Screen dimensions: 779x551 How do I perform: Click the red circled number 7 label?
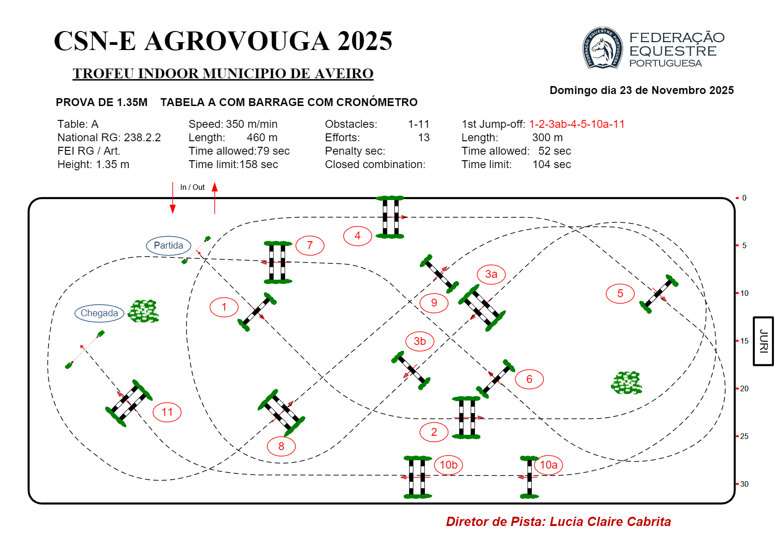click(x=310, y=245)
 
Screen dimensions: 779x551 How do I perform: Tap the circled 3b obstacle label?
click(x=420, y=341)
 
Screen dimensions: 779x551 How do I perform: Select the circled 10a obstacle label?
click(x=548, y=465)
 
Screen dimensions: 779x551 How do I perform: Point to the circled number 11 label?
click(x=167, y=412)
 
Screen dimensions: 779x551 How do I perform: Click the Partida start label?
click(x=168, y=245)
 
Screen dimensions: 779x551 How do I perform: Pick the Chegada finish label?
click(x=100, y=313)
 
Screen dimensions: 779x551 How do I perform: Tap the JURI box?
click(x=763, y=341)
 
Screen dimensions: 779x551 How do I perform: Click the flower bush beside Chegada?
click(x=143, y=311)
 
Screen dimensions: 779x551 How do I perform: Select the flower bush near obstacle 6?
click(x=626, y=382)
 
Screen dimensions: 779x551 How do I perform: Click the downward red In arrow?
click(x=173, y=198)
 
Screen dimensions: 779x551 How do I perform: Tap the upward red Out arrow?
click(x=215, y=198)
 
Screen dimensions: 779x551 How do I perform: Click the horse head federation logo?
click(x=603, y=48)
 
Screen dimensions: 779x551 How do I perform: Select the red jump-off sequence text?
click(x=577, y=124)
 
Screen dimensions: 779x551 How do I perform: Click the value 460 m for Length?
click(x=262, y=138)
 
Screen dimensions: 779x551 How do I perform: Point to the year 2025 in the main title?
click(x=365, y=41)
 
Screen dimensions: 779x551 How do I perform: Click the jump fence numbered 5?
click(x=659, y=294)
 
